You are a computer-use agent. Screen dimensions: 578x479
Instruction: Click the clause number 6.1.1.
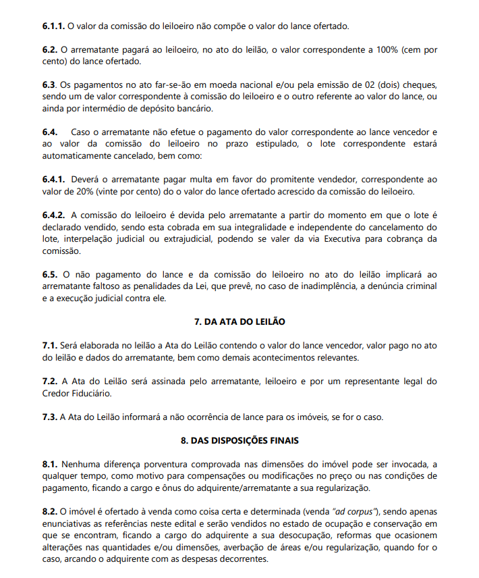pos(53,26)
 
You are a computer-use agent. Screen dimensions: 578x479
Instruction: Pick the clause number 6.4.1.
pos(53,180)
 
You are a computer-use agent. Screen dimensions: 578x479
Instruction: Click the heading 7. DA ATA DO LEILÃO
pos(239,321)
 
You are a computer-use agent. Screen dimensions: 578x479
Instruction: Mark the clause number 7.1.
pos(49,345)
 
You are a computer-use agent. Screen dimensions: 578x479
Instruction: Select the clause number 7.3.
pos(49,417)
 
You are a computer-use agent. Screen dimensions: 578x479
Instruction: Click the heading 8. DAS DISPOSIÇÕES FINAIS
pos(239,440)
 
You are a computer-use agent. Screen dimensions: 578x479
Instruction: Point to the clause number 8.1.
pos(49,465)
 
